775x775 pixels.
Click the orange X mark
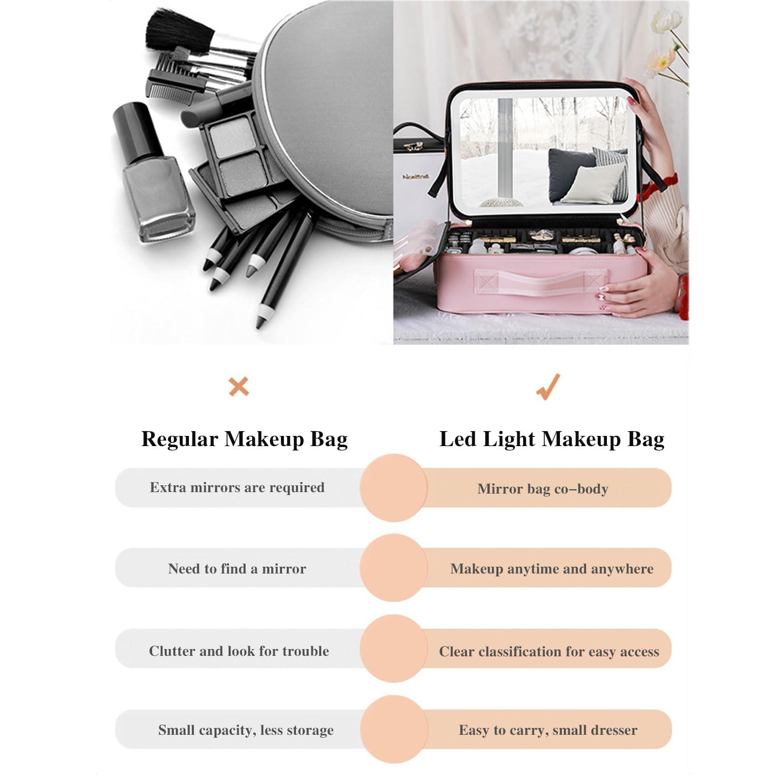238,387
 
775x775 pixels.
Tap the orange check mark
549,387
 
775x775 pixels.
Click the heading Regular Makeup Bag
245,439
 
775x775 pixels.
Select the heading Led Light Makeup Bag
552,439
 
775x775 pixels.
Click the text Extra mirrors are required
237,487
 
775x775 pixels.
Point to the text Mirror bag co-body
543,489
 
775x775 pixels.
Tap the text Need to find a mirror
237,568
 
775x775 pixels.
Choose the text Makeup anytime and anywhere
552,569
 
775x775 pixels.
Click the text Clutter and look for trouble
239,651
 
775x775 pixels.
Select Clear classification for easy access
549,651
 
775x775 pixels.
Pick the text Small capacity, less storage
246,730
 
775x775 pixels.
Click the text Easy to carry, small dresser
548,730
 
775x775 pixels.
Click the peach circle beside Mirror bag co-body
394,488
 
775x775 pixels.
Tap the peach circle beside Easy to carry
394,729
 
